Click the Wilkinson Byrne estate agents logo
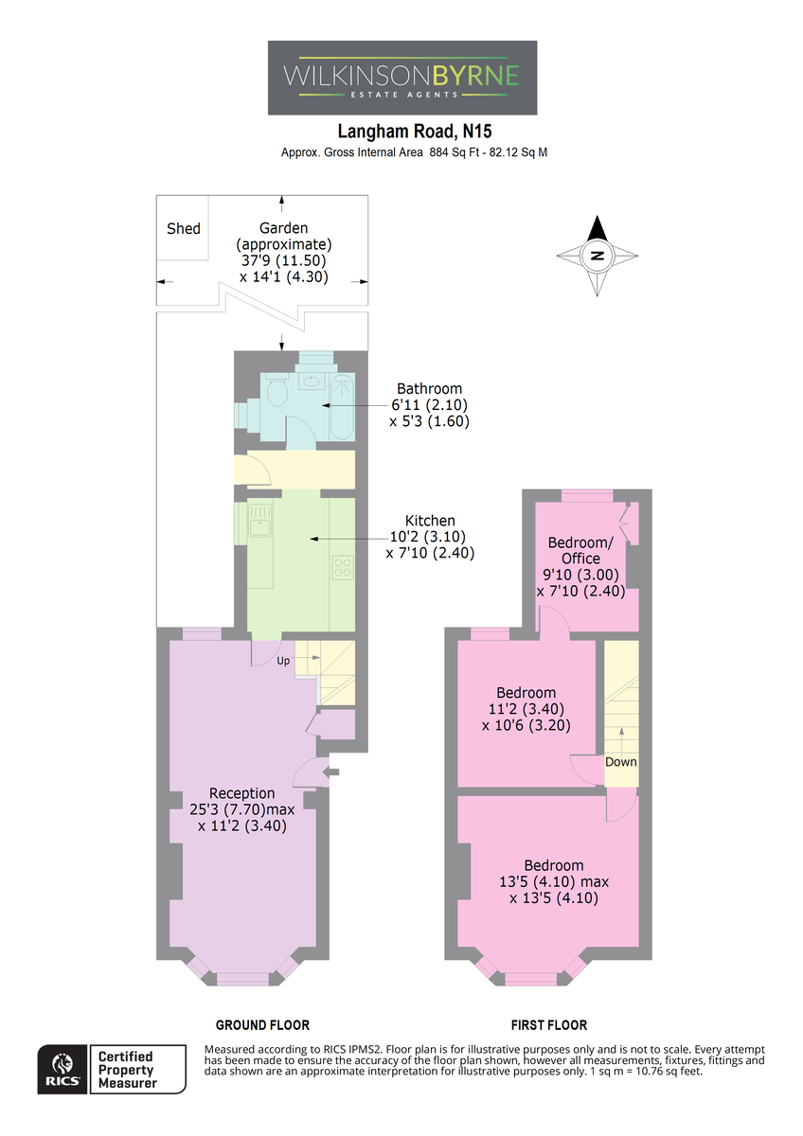402,78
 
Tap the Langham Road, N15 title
415,132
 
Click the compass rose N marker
598,256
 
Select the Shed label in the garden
184,229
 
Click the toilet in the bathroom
276,389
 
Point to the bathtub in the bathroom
343,407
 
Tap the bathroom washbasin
311,381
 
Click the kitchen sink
259,521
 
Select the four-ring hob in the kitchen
343,568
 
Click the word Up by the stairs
283,661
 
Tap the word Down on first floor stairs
621,762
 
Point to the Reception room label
242,793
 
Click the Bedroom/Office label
580,550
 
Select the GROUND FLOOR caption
262,1025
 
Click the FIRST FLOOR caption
549,1025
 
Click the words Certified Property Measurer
127,1070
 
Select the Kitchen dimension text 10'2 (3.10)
427,537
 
